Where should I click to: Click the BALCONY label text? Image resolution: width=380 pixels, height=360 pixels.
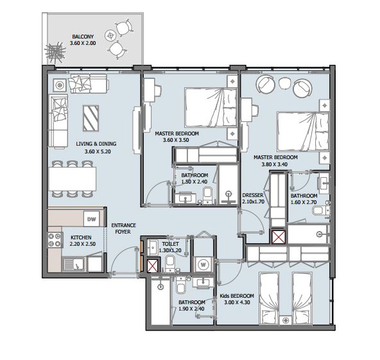pos(83,37)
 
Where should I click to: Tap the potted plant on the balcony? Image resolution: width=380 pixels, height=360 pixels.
pos(55,52)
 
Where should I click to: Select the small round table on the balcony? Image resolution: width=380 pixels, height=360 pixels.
pos(110,35)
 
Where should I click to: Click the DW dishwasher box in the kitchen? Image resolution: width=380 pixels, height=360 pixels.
pos(91,219)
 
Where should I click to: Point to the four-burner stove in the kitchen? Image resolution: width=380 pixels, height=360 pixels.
pos(55,240)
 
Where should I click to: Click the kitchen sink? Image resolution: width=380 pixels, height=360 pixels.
pos(74,264)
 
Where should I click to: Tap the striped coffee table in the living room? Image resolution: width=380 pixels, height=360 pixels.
pos(91,118)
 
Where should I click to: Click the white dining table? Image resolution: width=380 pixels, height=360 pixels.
pos(73,179)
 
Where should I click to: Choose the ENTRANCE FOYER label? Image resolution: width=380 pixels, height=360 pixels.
pos(123,228)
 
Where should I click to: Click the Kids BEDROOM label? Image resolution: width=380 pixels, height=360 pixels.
pos(237,296)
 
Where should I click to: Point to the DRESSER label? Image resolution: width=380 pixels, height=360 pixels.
pos(253,195)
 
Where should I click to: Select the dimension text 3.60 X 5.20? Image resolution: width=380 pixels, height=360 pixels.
pos(98,151)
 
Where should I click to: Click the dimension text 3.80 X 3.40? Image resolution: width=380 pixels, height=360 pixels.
pos(274,164)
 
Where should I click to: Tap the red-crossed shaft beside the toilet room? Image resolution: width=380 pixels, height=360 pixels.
pos(153,265)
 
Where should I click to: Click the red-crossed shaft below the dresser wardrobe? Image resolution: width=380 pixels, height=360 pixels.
pos(279,236)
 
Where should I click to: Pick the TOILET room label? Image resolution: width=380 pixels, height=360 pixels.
pos(170,244)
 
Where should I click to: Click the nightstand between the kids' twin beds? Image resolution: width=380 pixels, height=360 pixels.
pos(286,320)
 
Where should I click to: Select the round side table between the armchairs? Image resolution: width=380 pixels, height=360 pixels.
pos(284,83)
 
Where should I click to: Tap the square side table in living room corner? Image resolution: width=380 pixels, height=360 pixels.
pos(60,85)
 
